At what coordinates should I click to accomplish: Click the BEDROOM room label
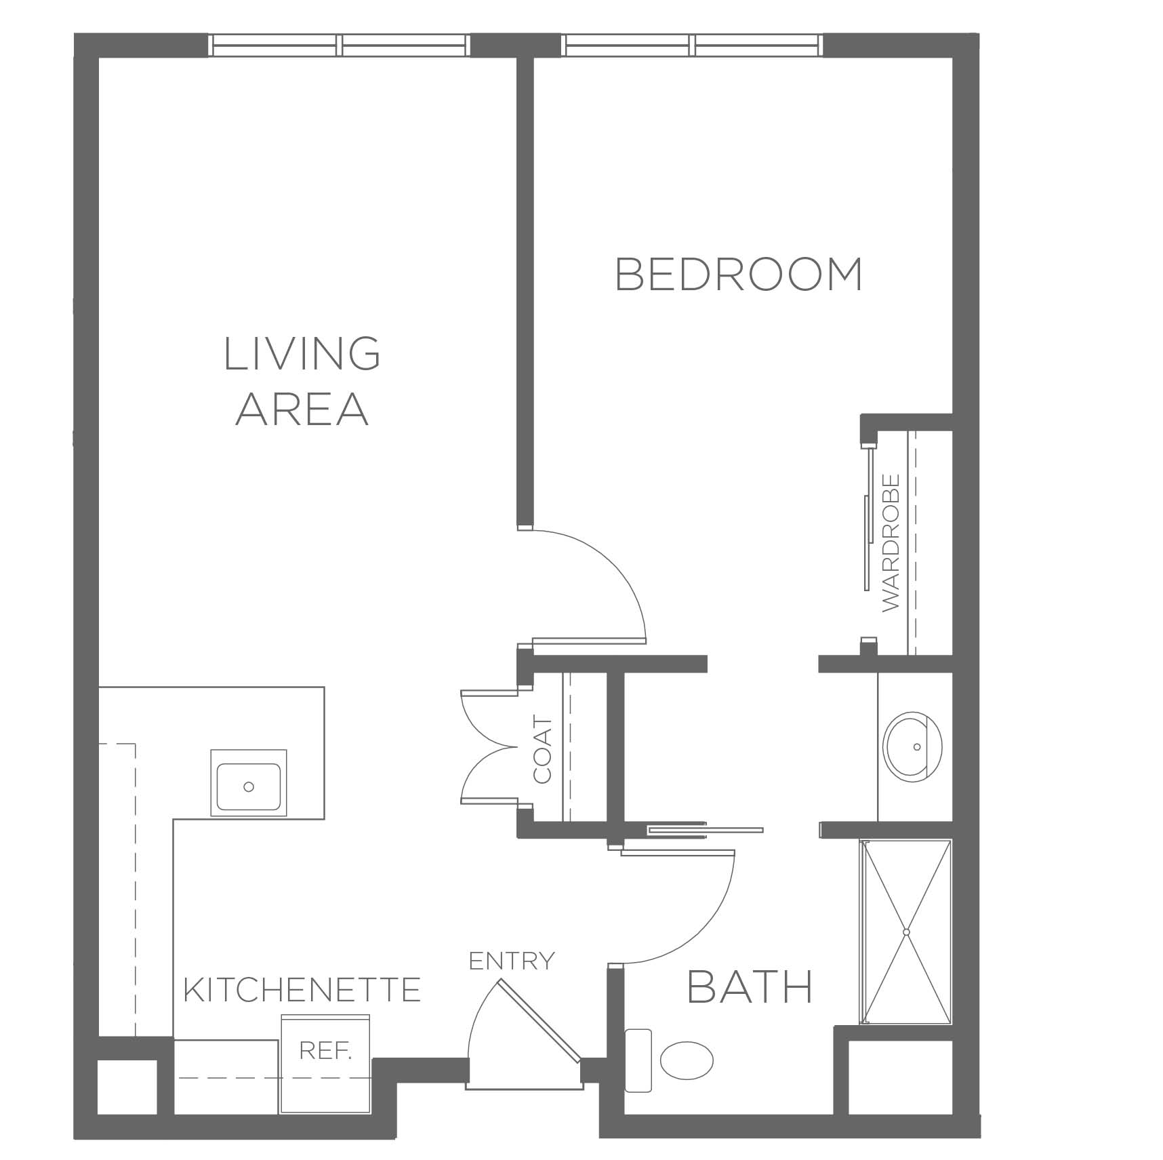739,274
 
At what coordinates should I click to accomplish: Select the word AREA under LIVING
302,408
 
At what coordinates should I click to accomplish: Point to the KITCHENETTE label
302,990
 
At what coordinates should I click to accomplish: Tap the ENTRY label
512,961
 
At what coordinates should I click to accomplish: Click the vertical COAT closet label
543,751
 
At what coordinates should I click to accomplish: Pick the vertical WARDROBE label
891,542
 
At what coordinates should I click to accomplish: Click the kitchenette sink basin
249,786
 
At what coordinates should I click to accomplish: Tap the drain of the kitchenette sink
249,786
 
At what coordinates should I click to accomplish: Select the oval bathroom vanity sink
913,746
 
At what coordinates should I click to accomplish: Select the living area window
339,45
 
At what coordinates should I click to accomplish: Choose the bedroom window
693,45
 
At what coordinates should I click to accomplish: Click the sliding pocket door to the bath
706,829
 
